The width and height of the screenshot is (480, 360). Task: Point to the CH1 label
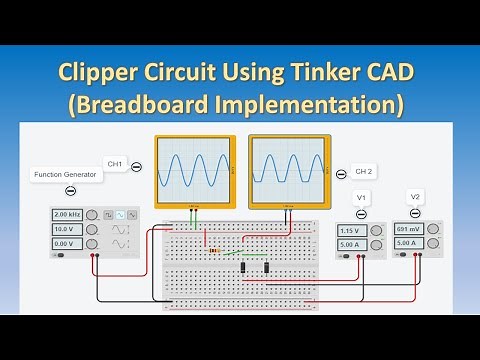click(115, 163)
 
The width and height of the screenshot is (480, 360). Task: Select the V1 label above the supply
click(362, 198)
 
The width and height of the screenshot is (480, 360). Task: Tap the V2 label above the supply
click(413, 196)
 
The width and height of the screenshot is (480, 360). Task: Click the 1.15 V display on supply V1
click(353, 230)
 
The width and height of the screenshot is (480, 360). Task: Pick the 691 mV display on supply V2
click(409, 229)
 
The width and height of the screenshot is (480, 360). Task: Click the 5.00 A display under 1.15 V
click(353, 244)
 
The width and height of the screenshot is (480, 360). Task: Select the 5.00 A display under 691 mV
click(409, 243)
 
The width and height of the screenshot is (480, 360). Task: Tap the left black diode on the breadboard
click(245, 267)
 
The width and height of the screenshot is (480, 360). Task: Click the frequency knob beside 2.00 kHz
click(92, 215)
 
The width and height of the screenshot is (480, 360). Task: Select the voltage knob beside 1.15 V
click(377, 230)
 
